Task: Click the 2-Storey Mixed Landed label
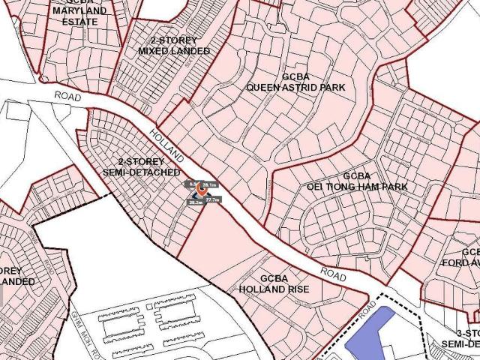173,45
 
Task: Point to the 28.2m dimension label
194,203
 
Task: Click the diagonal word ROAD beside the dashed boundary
367,304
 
